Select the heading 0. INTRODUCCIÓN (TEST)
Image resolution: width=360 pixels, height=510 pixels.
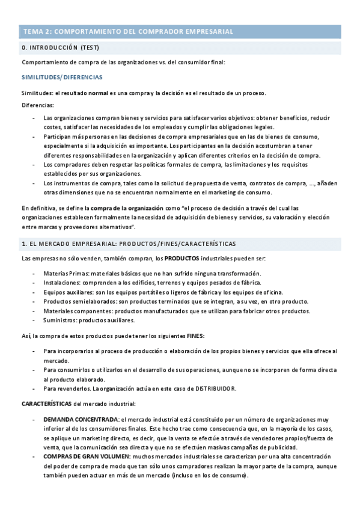click(60, 48)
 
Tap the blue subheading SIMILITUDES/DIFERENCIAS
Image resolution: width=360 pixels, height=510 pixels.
click(62, 77)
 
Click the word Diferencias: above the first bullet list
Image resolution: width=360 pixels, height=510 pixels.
click(37, 105)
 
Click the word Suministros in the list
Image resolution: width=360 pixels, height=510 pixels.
click(63, 321)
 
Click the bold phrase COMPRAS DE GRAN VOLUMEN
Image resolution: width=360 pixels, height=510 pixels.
click(84, 457)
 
